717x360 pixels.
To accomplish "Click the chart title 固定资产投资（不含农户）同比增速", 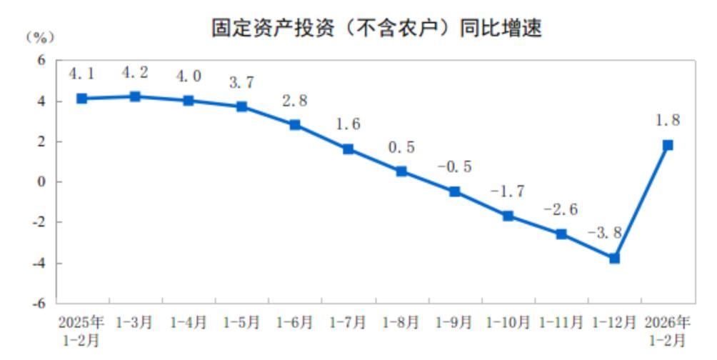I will (376, 28).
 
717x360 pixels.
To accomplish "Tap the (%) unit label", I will (39, 36).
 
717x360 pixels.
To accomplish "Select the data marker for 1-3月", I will (135, 96).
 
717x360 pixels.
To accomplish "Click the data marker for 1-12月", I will (614, 258).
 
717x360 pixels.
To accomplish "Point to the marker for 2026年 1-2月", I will (668, 145).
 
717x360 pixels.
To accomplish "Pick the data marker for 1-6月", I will (295, 124).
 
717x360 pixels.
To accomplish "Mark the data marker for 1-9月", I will (455, 191).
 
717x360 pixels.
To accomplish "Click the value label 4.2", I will (135, 73).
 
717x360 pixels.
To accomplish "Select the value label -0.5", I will (454, 166).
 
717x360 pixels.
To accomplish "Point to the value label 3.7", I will (241, 83).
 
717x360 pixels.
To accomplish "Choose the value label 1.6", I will (348, 124).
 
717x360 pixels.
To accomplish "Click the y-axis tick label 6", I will (41, 61).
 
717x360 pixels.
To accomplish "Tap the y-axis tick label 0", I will (41, 182).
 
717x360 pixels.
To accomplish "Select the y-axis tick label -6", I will (39, 303).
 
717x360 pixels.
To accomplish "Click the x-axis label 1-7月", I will (348, 323).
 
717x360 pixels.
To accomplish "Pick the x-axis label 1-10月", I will (507, 323).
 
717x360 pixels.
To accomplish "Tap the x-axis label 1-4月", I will (188, 323).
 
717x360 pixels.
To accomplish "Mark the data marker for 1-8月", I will (401, 171).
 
